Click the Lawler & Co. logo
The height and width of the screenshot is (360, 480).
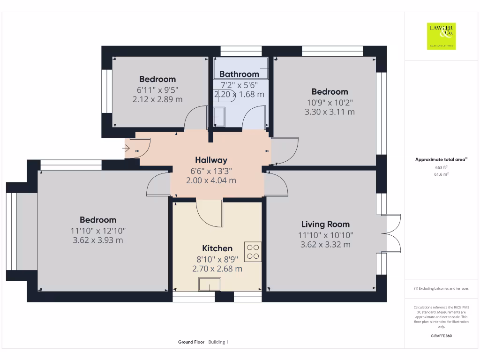[441, 36]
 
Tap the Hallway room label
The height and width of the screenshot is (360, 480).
[211, 160]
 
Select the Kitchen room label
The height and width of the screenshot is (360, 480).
[217, 248]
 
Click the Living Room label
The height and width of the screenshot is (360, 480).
[325, 224]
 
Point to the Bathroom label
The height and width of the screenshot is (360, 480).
[239, 74]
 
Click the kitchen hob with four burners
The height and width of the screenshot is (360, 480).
[253, 252]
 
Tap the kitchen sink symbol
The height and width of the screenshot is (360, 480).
[210, 285]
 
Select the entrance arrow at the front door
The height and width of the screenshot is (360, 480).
[127, 148]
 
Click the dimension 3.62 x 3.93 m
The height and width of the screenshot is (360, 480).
[98, 240]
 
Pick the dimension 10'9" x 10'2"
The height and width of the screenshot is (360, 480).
[330, 102]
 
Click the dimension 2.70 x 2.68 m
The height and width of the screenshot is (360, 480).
[217, 269]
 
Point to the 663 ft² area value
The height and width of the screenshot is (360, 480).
[441, 167]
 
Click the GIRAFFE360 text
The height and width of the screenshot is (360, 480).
[441, 336]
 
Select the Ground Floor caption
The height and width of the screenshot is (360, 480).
[191, 342]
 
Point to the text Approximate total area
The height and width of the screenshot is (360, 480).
[440, 160]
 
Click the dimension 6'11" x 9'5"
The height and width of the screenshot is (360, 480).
[157, 90]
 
